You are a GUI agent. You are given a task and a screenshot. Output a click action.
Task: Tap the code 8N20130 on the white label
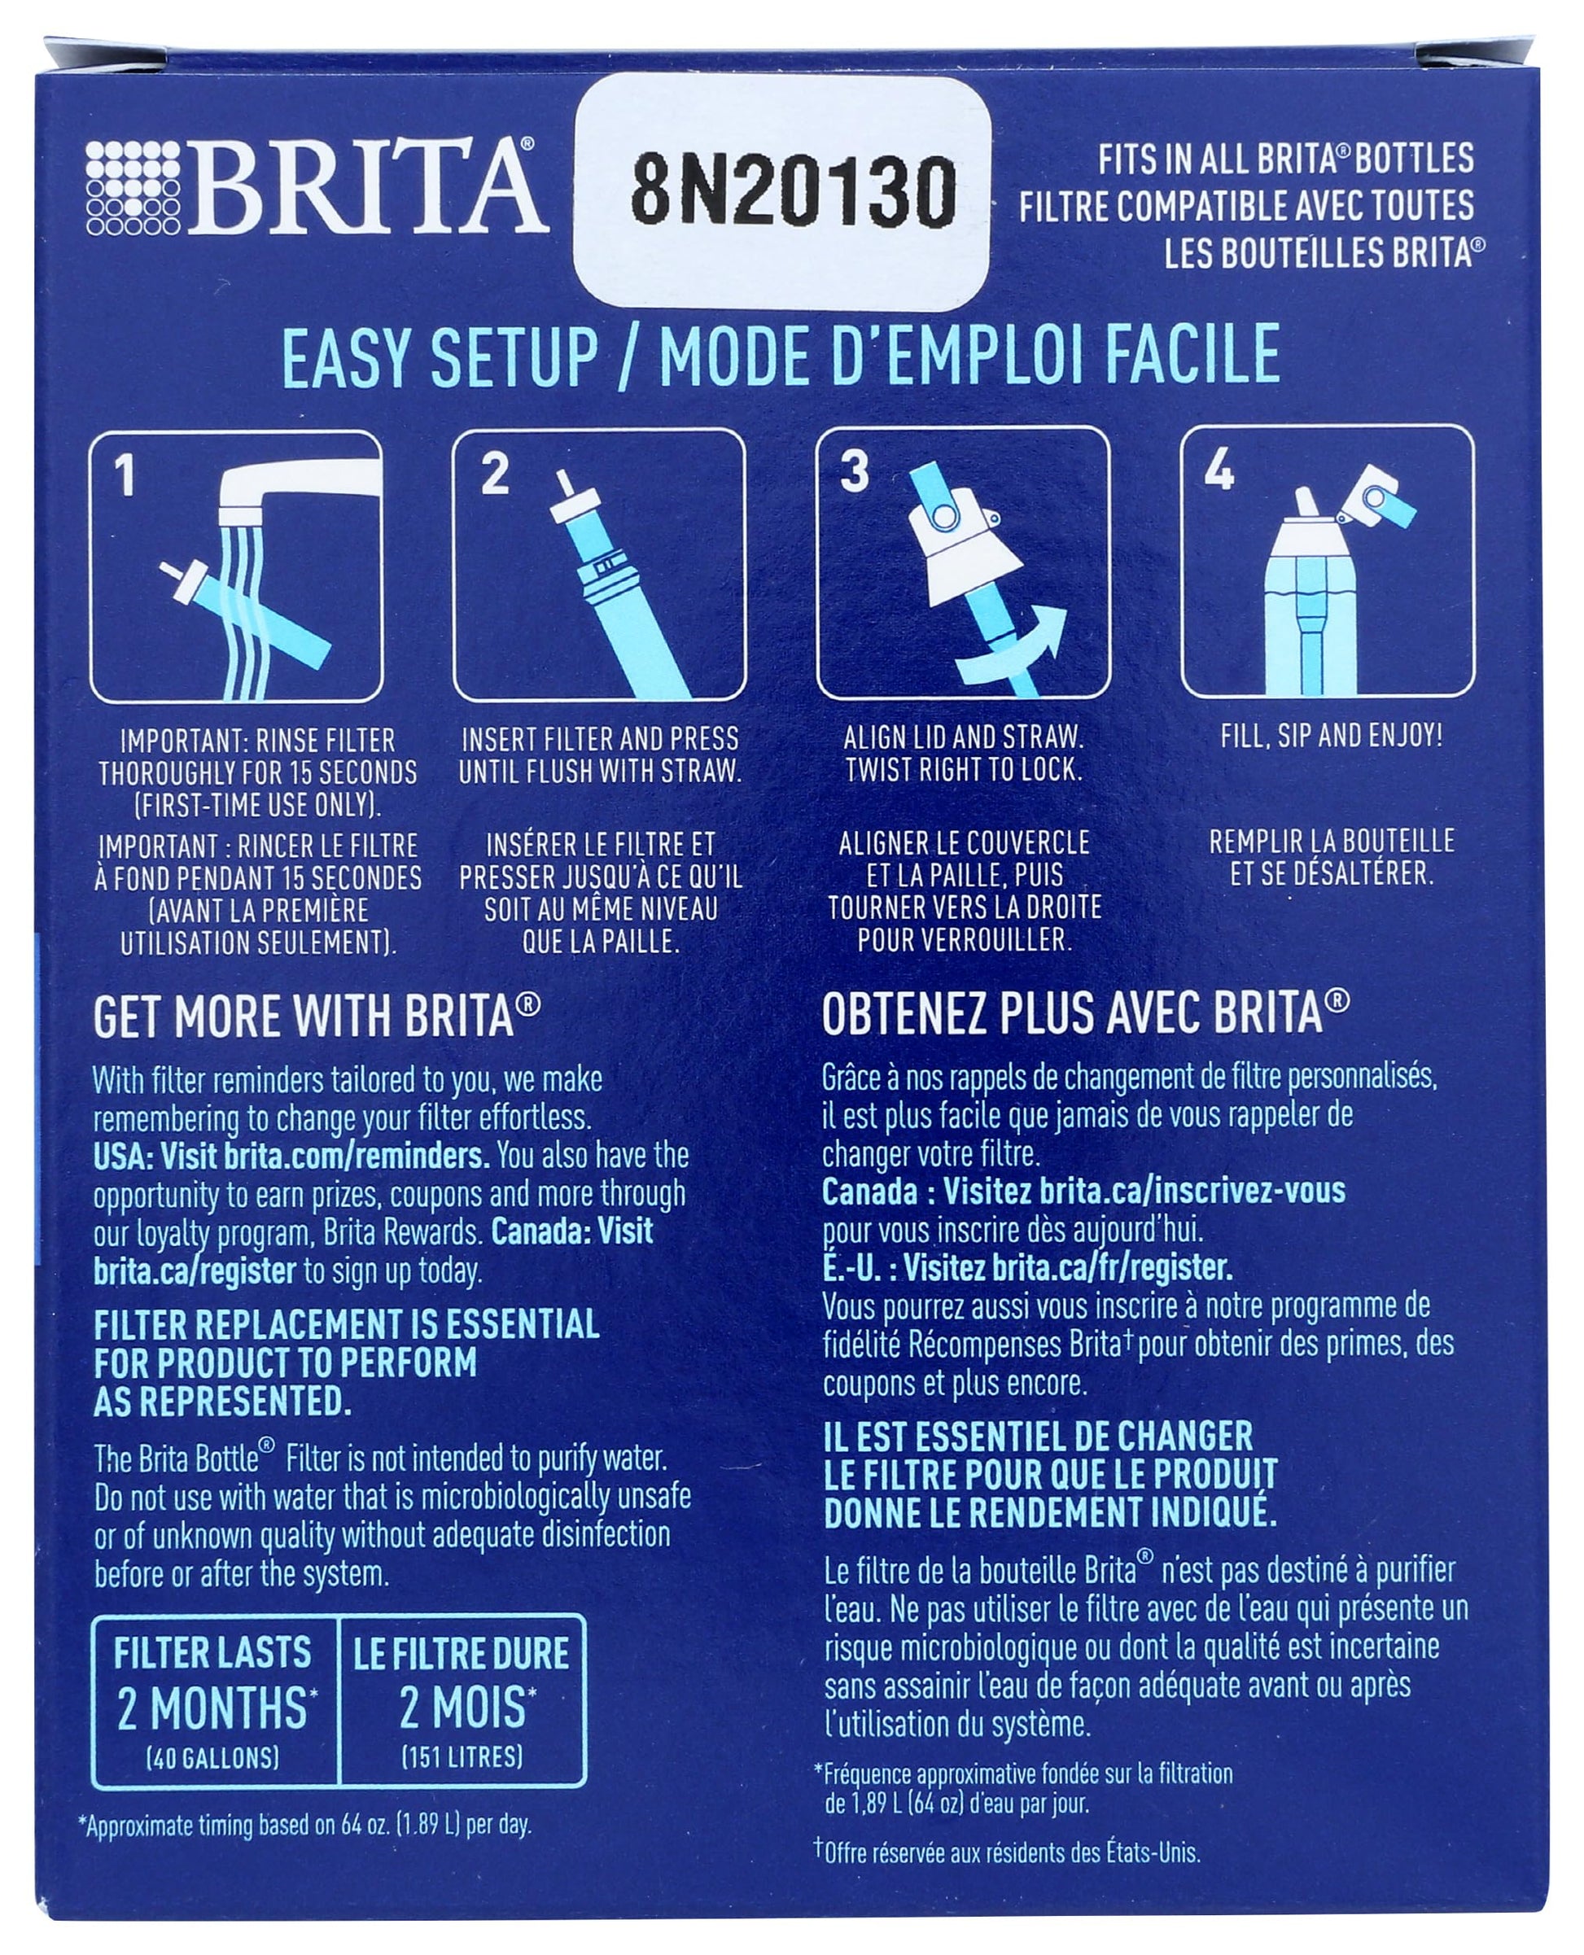pyautogui.click(x=793, y=191)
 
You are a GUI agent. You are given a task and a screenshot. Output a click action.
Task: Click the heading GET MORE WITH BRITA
pyautogui.click(x=316, y=1017)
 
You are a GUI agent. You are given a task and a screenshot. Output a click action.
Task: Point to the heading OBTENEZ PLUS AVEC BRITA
pyautogui.click(x=1085, y=1012)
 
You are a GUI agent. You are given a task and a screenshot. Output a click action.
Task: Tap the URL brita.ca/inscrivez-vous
pyautogui.click(x=1192, y=1191)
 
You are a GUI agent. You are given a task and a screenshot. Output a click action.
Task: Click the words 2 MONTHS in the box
pyautogui.click(x=213, y=1708)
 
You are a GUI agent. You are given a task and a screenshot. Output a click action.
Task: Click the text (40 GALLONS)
pyautogui.click(x=212, y=1757)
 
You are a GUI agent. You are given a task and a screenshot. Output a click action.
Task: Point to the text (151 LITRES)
pyautogui.click(x=462, y=1757)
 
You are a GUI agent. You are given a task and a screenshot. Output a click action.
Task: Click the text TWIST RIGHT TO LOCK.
pyautogui.click(x=964, y=770)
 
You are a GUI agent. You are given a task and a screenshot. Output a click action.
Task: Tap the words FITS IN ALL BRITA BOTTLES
pyautogui.click(x=1285, y=159)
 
